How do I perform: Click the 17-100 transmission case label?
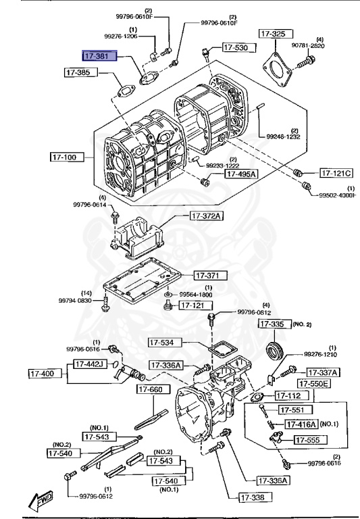tap(67, 157)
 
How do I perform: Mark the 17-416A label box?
tap(299, 424)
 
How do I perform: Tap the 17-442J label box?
tap(90, 364)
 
